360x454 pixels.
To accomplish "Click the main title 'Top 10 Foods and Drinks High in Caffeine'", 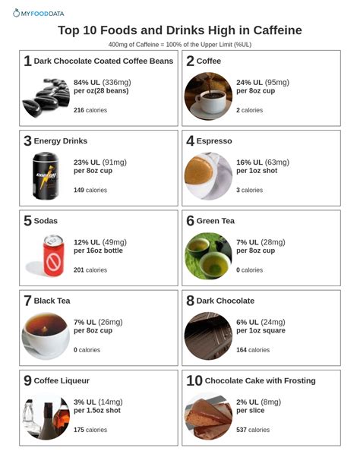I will (x=180, y=30).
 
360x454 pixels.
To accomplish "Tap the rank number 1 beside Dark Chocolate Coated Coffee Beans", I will (x=27, y=61).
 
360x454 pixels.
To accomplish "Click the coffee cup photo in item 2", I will (x=208, y=96).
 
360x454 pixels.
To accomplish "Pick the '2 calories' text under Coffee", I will (x=249, y=110).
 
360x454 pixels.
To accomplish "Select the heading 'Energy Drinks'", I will (x=61, y=141).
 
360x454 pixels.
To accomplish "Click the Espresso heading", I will (x=214, y=141).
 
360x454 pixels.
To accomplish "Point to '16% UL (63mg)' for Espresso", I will (x=263, y=162).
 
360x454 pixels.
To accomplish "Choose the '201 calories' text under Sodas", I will (x=90, y=270).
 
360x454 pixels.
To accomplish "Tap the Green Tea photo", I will (x=208, y=256).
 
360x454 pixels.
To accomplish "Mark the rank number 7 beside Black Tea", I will (x=27, y=301).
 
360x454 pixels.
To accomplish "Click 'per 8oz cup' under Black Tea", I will (x=93, y=330).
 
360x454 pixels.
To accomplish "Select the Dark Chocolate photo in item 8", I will (x=208, y=336).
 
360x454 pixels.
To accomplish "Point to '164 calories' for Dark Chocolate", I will (x=253, y=350).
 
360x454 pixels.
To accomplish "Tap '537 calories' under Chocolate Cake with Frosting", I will (x=253, y=430).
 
